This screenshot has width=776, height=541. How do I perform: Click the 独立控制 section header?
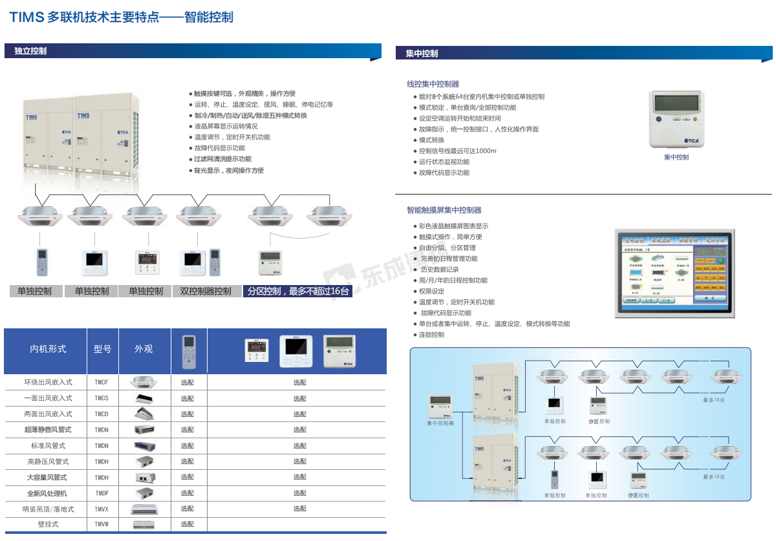tap(30, 51)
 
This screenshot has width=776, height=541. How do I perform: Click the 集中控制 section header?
tap(422, 54)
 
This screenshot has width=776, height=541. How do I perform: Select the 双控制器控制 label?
tap(205, 292)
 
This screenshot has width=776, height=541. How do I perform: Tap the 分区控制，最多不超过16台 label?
tap(298, 292)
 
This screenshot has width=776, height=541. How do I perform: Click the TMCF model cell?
tap(102, 383)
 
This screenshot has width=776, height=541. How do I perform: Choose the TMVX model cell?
tap(102, 509)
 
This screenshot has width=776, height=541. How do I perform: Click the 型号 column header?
tap(102, 349)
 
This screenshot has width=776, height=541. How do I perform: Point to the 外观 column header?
tap(144, 349)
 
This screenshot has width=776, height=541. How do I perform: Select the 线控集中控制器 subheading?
tap(433, 84)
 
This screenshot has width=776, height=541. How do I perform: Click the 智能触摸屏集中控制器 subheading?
tap(444, 210)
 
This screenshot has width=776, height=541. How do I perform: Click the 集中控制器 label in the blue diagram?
tap(440, 423)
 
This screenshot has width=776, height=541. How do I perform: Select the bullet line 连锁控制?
tap(431, 335)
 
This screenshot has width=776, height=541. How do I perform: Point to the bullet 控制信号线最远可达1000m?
tap(457, 151)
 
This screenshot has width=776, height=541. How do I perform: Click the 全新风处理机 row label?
tap(47, 493)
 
